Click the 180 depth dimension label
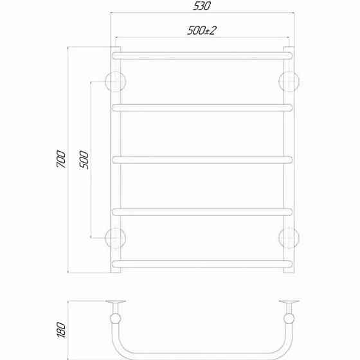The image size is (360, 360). (x=59, y=329)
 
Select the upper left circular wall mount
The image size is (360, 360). (x=116, y=81)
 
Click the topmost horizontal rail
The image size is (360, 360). (x=203, y=55)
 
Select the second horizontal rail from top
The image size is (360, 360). (x=203, y=107)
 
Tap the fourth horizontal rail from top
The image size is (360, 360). (x=203, y=212)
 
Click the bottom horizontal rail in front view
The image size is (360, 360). (x=203, y=263)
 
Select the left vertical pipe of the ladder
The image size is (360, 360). (x=116, y=161)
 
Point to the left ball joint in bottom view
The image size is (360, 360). (x=116, y=319)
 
